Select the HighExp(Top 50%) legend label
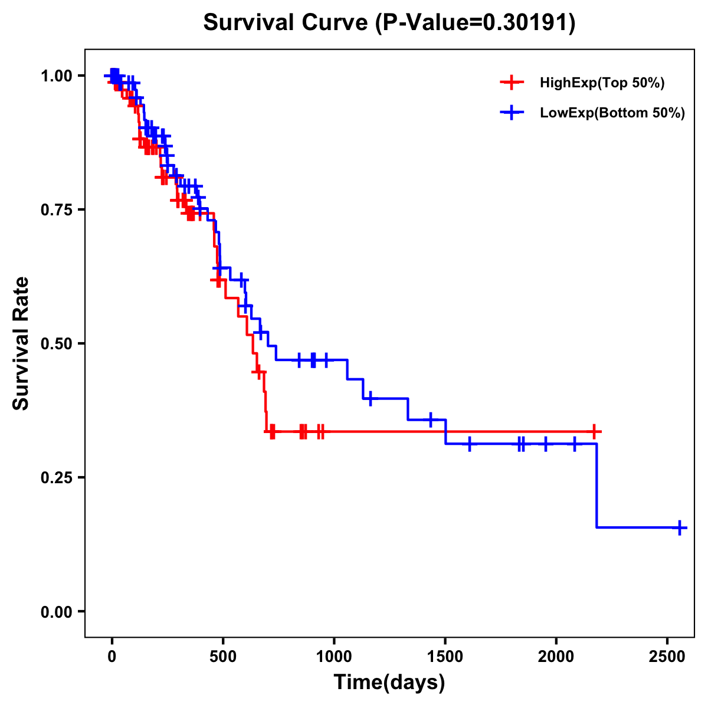602,83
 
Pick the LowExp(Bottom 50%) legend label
612,113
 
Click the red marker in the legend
512,83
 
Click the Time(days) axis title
389,683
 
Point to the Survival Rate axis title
21,343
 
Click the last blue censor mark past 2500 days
680,527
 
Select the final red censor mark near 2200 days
595,432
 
